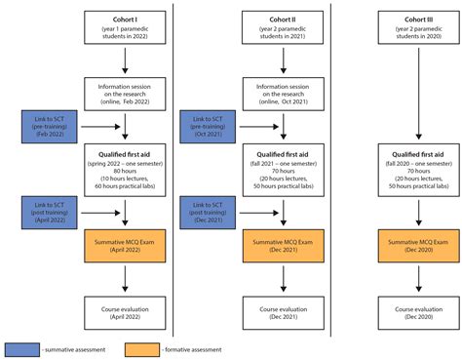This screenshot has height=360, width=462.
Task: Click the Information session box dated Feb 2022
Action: (125, 93)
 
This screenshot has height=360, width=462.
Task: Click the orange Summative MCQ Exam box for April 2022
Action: (125, 246)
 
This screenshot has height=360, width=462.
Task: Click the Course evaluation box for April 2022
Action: (125, 313)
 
